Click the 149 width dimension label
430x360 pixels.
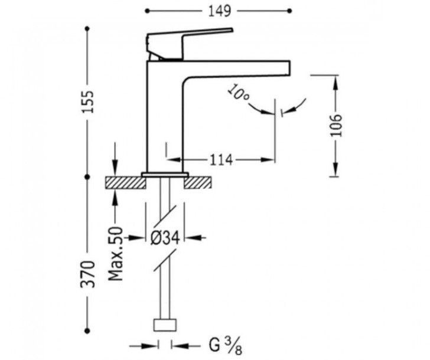(220, 11)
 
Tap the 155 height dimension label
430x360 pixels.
(89, 102)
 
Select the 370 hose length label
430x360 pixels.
(88, 274)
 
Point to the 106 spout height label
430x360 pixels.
(336, 125)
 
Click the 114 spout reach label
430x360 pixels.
(221, 160)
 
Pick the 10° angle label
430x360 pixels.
(238, 93)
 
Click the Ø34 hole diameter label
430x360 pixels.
(165, 238)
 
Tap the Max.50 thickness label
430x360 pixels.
(115, 253)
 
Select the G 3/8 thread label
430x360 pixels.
(226, 345)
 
